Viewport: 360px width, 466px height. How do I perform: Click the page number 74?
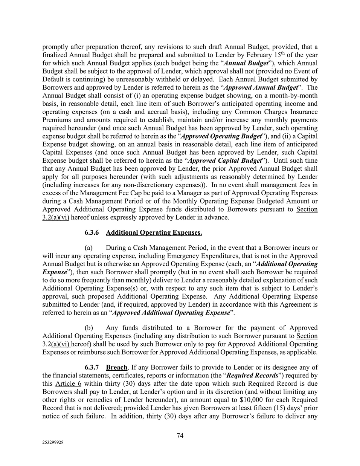coord(180,436)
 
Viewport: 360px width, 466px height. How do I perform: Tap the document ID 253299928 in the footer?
coord(53,443)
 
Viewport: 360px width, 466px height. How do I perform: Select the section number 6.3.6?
coord(92,233)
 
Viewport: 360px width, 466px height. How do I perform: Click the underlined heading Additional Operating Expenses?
coord(154,233)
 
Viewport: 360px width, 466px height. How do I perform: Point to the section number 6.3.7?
coord(92,367)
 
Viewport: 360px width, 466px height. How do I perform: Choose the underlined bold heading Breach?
coord(116,367)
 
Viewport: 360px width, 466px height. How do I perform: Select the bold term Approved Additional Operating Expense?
coord(171,313)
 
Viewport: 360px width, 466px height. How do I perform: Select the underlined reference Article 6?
coord(68,383)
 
